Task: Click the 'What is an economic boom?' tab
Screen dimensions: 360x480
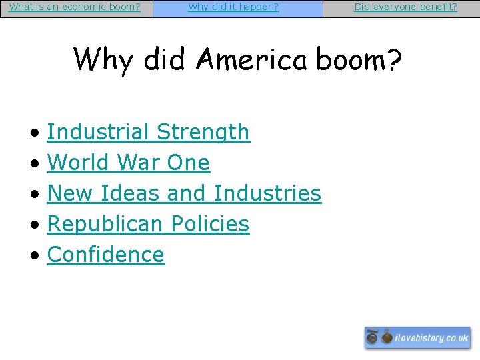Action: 75,7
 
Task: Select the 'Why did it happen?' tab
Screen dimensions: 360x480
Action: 233,7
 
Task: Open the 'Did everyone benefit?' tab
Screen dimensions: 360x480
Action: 405,7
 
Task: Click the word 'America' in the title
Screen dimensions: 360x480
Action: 251,59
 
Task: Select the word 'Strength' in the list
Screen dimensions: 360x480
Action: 203,133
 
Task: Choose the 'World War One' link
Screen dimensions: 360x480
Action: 129,163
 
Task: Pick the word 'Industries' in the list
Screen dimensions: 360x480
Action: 267,193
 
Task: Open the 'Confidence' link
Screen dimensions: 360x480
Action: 106,255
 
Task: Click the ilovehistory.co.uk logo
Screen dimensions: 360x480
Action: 417,338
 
